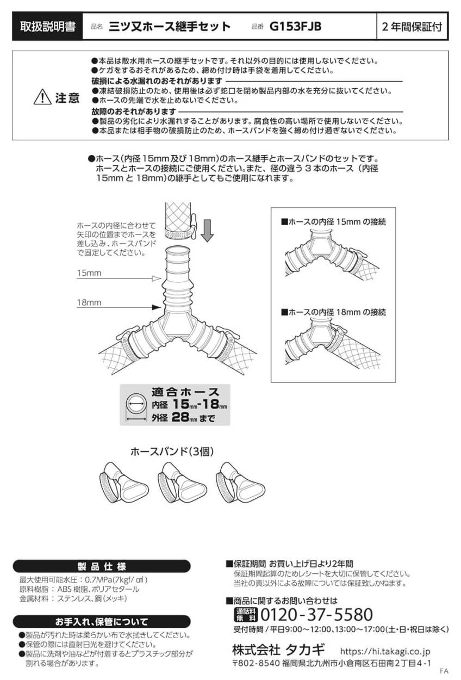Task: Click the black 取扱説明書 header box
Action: pyautogui.click(x=47, y=27)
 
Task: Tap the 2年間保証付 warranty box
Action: pyautogui.click(x=412, y=27)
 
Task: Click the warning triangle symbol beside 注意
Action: pyautogui.click(x=42, y=98)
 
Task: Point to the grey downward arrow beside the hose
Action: pyautogui.click(x=207, y=229)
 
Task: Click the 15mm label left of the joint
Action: pyautogui.click(x=89, y=274)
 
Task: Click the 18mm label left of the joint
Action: pyautogui.click(x=89, y=302)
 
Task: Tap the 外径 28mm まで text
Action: pyautogui.click(x=183, y=418)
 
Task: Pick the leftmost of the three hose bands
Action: pyautogui.click(x=122, y=482)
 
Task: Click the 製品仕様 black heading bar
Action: pyautogui.click(x=101, y=566)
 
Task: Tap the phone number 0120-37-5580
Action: pyautogui.click(x=317, y=615)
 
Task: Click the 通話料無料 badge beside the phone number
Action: pyautogui.click(x=245, y=615)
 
